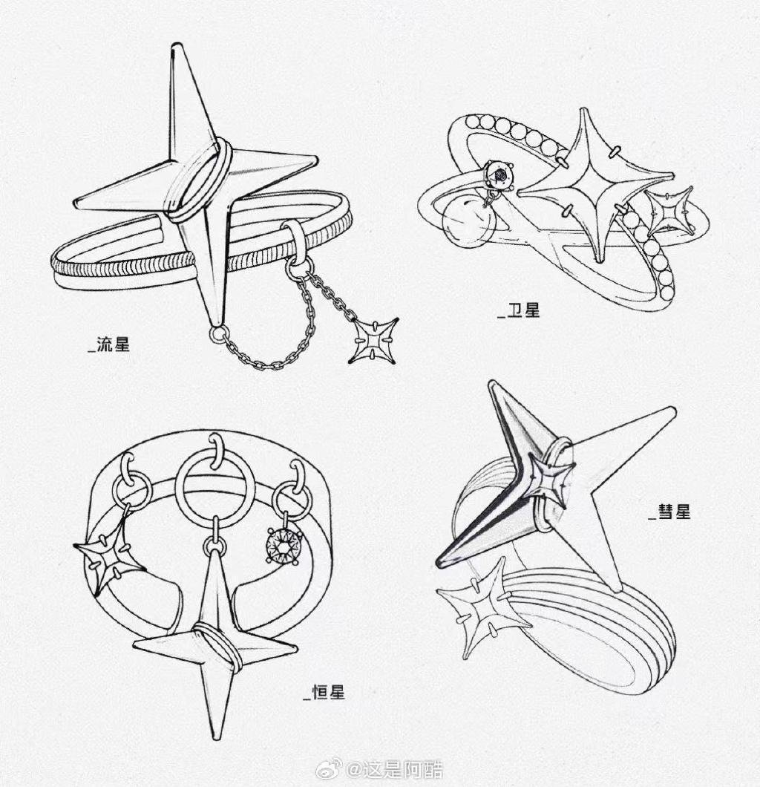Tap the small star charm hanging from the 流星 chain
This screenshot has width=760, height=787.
click(373, 341)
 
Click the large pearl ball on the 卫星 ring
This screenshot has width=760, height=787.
click(465, 221)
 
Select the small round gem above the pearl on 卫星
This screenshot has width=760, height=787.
click(499, 176)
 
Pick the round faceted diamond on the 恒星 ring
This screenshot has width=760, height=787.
click(285, 543)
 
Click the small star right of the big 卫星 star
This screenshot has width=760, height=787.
click(669, 210)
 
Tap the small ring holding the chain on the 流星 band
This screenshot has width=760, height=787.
click(294, 239)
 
